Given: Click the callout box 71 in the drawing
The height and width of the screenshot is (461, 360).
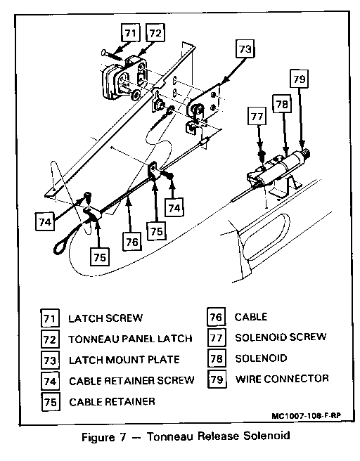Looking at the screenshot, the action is point(130,33).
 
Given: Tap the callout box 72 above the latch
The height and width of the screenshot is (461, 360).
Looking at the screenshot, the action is point(155,33).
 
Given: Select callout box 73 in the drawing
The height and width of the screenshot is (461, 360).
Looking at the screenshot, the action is point(245,48).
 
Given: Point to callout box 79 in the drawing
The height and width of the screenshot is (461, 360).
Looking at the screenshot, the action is point(299,79).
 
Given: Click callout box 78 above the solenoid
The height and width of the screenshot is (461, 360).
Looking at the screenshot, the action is point(282,104).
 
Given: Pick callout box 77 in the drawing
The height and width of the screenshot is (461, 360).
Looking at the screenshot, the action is point(257,117).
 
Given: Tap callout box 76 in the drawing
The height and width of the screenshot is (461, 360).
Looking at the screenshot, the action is point(132,242).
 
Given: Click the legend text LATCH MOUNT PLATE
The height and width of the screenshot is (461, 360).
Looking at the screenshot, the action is point(124,360).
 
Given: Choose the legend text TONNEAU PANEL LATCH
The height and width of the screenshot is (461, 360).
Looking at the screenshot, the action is point(130,339).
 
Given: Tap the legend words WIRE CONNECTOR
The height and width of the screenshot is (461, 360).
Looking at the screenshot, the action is point(282,379).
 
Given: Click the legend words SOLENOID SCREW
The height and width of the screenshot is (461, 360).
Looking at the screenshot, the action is point(281,337).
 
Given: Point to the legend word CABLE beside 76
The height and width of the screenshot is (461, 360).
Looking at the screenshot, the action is point(251,317).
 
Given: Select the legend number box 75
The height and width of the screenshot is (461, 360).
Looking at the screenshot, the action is point(51,402).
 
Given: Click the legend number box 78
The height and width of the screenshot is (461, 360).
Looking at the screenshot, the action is point(217,358).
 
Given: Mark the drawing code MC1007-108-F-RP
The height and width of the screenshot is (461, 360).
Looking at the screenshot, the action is point(306,416).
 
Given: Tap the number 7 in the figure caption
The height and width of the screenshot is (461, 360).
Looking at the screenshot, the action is point(122,437).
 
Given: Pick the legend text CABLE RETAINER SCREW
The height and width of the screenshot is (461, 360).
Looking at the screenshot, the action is point(131,381).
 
